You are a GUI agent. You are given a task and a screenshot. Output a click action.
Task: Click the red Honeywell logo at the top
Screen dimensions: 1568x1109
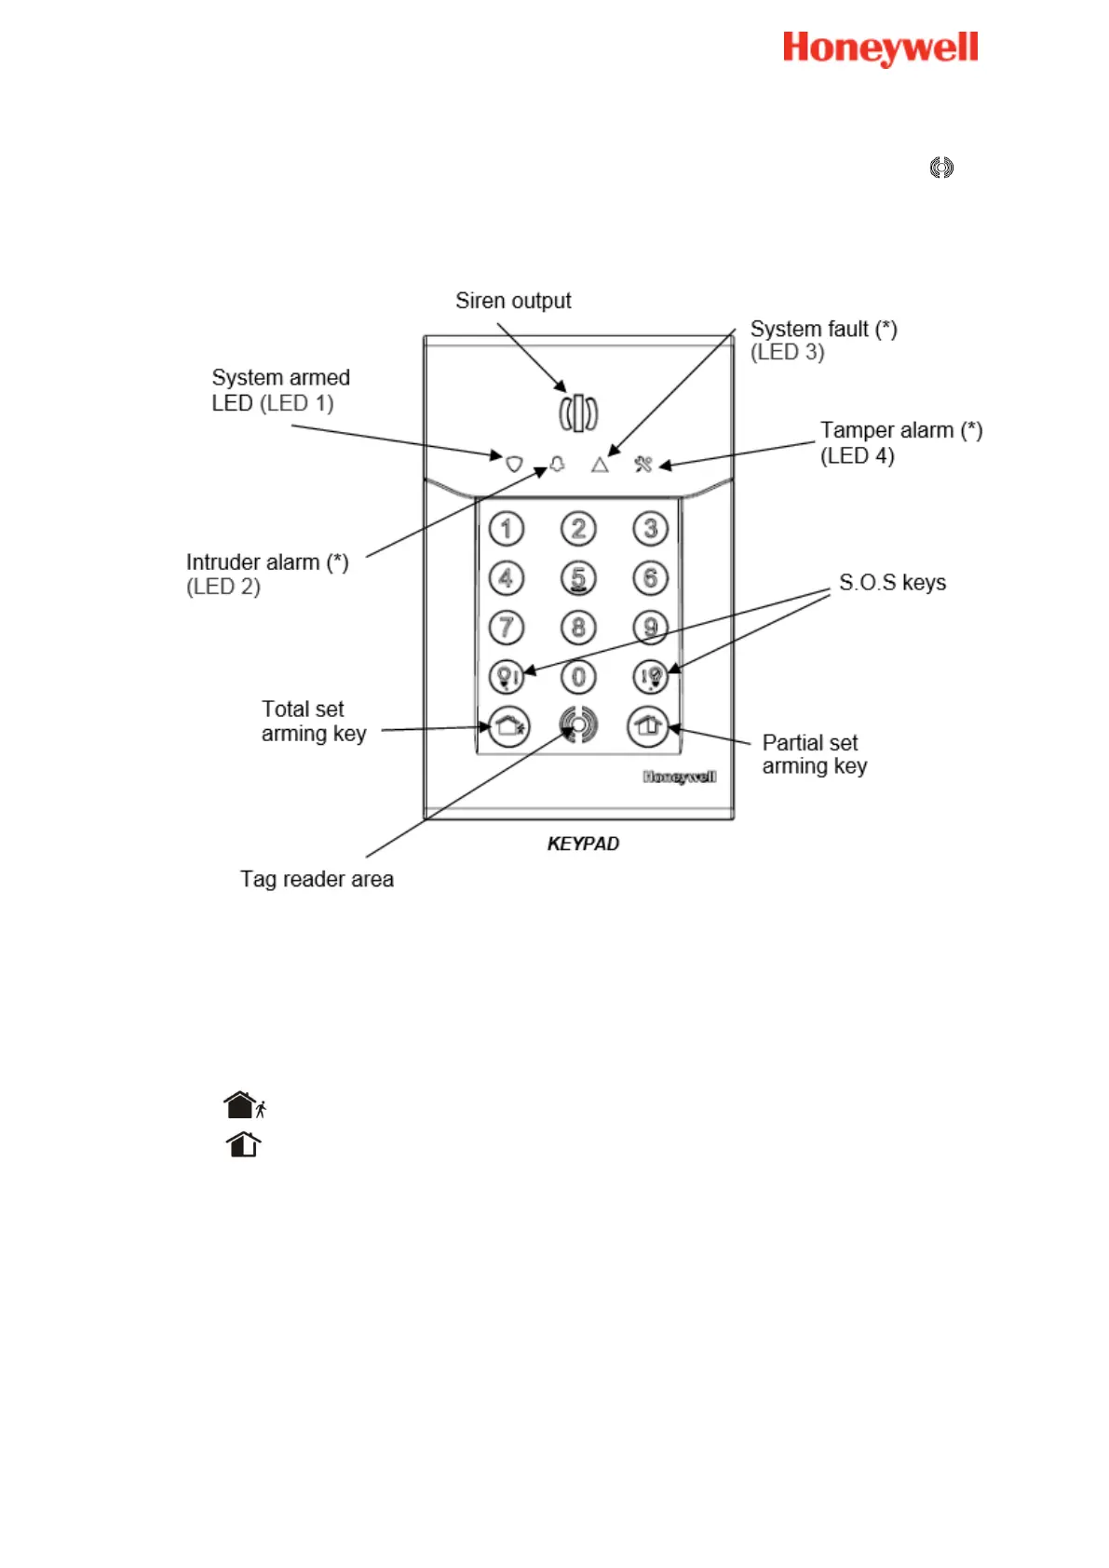pyautogui.click(x=880, y=48)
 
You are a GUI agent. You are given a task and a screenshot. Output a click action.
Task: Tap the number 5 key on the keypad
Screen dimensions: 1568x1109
pyautogui.click(x=578, y=578)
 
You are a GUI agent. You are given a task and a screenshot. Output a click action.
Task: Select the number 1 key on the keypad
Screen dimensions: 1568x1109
pyautogui.click(x=507, y=529)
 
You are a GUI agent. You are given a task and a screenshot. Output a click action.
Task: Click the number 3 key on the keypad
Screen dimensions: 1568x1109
pyautogui.click(x=650, y=529)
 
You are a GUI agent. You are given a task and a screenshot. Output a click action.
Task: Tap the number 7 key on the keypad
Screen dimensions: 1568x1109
pyautogui.click(x=507, y=627)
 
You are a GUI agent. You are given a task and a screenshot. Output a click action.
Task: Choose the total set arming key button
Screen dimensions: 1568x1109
pyautogui.click(x=508, y=725)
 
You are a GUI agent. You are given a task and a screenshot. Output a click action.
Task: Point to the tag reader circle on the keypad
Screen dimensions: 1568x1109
pyautogui.click(x=578, y=724)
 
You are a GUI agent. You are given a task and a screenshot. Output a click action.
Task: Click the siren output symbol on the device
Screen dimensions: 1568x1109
pyautogui.click(x=578, y=412)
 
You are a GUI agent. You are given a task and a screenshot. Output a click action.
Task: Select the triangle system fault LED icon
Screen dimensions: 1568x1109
pyautogui.click(x=600, y=464)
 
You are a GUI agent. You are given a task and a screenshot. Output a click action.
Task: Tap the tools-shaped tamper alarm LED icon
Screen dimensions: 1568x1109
pyautogui.click(x=643, y=463)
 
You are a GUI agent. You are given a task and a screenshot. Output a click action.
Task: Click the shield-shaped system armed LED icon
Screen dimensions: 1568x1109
pyautogui.click(x=514, y=463)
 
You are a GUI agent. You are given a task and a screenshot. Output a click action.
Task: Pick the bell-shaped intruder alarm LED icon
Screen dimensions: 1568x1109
pyautogui.click(x=558, y=463)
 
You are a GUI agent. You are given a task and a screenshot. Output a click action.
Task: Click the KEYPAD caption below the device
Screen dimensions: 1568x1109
pyautogui.click(x=583, y=844)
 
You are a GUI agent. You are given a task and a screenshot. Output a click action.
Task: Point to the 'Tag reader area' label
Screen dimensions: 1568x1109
pyautogui.click(x=317, y=879)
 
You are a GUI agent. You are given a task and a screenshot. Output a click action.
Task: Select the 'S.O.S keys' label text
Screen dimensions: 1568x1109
pyautogui.click(x=892, y=583)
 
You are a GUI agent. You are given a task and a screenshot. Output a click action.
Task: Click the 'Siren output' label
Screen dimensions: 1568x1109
pyautogui.click(x=513, y=301)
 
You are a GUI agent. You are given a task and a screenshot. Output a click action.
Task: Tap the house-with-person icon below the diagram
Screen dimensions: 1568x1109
pyautogui.click(x=245, y=1105)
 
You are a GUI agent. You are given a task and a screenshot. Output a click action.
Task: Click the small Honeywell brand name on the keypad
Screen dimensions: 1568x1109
pyautogui.click(x=680, y=777)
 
